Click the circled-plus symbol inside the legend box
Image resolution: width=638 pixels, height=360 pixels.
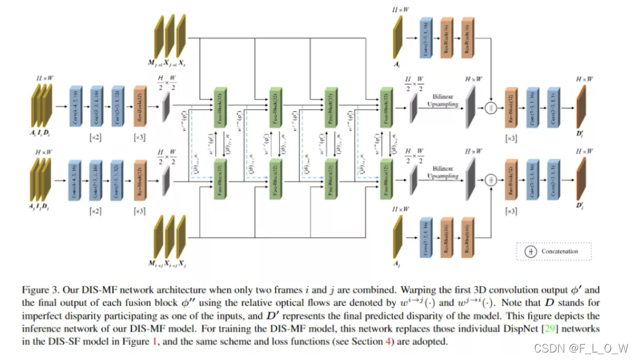(x=531, y=251)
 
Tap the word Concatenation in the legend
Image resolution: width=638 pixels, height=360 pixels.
(x=559, y=251)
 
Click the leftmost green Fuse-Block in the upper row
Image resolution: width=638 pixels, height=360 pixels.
(x=220, y=106)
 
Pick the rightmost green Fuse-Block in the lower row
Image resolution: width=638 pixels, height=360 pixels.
(x=387, y=177)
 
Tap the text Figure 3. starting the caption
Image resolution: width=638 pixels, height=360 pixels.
(x=39, y=290)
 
